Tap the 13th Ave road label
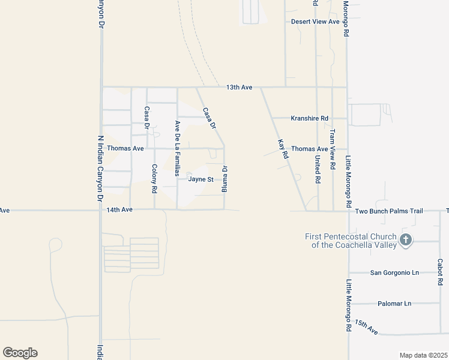pos(239,88)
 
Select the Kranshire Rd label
pos(309,118)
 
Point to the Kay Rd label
pos(283,149)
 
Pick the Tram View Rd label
pos(332,144)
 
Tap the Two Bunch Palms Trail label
pos(389,211)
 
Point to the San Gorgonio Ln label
pos(394,272)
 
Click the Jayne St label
pos(201,179)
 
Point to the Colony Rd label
pos(154,178)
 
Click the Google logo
pos(20,353)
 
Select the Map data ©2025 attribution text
pos(423,355)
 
